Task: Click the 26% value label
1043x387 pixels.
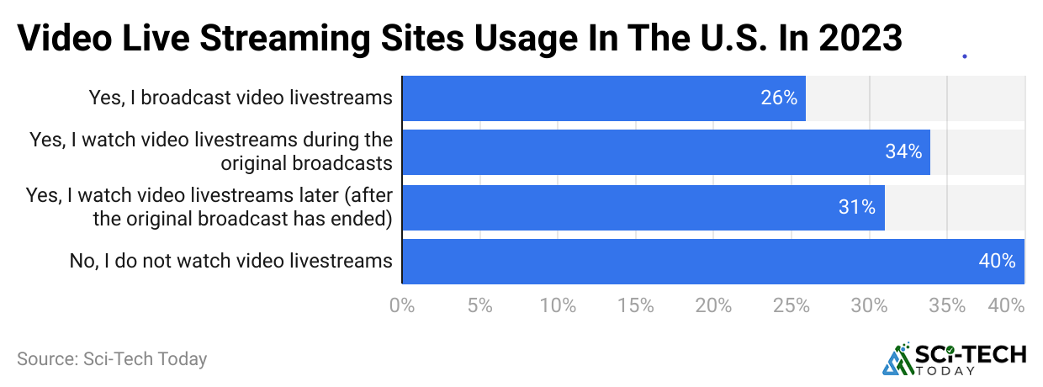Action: pos(779,98)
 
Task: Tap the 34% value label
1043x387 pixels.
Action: pos(903,152)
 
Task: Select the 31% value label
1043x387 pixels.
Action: pos(857,207)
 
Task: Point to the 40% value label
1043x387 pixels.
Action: pos(997,262)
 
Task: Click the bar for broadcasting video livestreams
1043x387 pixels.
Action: pos(604,98)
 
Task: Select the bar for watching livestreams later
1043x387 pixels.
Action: pos(643,207)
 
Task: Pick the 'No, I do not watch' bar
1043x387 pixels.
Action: pos(713,262)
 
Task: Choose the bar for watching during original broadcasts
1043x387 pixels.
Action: pos(666,152)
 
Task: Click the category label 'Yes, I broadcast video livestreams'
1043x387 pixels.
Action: pos(241,98)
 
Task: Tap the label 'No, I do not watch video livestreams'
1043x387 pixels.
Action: pos(231,262)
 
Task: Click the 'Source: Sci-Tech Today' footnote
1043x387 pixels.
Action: pos(112,359)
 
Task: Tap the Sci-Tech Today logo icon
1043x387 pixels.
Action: pos(897,359)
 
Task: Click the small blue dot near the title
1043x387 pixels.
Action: pos(964,56)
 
